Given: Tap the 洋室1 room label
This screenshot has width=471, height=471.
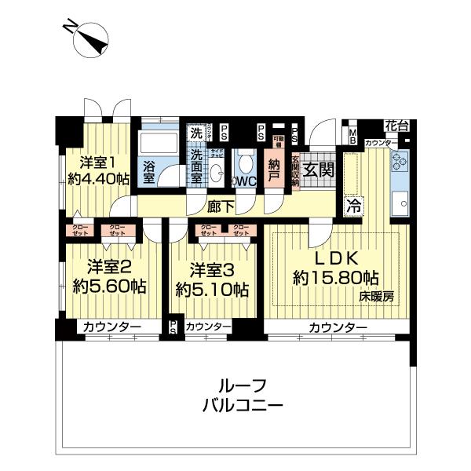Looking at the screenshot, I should coord(98,162).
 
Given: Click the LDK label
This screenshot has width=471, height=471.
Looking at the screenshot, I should coord(337,257).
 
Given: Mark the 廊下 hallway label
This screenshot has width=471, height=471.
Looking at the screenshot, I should coord(219,206).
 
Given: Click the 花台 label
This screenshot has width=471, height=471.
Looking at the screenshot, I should coord(396,125).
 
